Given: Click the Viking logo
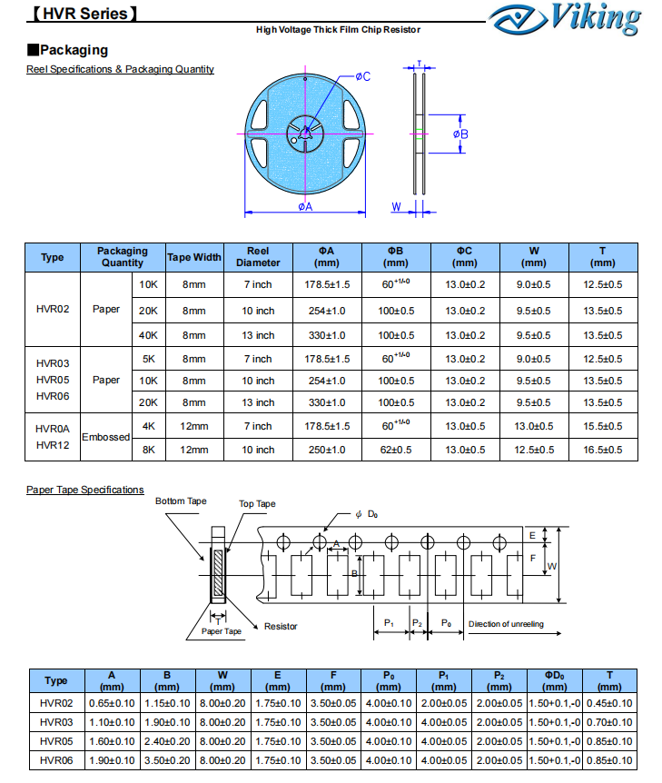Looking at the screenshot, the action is pyautogui.click(x=565, y=19).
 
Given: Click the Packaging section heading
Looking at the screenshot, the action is pyautogui.click(x=68, y=50).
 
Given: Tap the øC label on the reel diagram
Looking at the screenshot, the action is pyautogui.click(x=363, y=76).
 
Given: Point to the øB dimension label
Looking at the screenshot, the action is pyautogui.click(x=460, y=134).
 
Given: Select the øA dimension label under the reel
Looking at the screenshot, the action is pyautogui.click(x=305, y=207).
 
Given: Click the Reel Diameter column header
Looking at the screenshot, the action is pyautogui.click(x=258, y=257).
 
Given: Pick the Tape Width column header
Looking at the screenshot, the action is pyautogui.click(x=193, y=257).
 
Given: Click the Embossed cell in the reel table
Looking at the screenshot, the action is pyautogui.click(x=106, y=437).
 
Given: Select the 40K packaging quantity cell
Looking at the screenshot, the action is pyautogui.click(x=148, y=335).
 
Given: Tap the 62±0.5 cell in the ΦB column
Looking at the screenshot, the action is pyautogui.click(x=396, y=450).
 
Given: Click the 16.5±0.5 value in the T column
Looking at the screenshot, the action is pyautogui.click(x=603, y=450).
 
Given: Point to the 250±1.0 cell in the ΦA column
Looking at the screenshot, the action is pyautogui.click(x=327, y=450).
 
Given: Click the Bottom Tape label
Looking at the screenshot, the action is pyautogui.click(x=181, y=501).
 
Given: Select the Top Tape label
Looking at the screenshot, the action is pyautogui.click(x=257, y=504).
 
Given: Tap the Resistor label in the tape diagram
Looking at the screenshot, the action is pyautogui.click(x=281, y=626).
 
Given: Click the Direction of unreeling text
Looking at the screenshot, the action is pyautogui.click(x=506, y=624).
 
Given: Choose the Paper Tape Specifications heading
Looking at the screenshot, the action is pyautogui.click(x=84, y=490).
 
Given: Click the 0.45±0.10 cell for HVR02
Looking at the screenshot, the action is pyautogui.click(x=609, y=703).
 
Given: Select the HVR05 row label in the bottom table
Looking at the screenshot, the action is pyautogui.click(x=56, y=741).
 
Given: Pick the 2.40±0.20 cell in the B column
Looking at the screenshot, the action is pyautogui.click(x=167, y=741).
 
